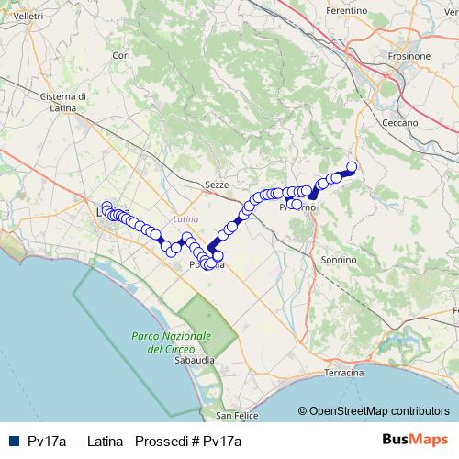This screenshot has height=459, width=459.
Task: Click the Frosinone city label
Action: pyautogui.click(x=409, y=56)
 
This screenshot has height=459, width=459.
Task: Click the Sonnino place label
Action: pyautogui.click(x=339, y=260)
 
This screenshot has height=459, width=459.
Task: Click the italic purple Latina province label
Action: pyautogui.click(x=185, y=219)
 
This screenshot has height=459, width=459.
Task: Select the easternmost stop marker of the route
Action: pyautogui.click(x=351, y=167)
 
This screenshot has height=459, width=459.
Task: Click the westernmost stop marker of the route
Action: pyautogui.click(x=106, y=207)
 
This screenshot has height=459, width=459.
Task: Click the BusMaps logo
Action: pyautogui.click(x=414, y=441)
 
